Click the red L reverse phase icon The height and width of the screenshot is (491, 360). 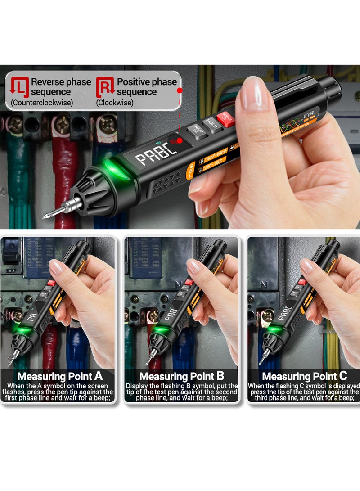tap(19, 86)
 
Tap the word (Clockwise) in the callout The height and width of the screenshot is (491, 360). tap(115, 103)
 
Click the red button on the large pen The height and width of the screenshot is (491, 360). tap(227, 119)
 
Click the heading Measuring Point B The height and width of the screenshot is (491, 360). tap(181, 376)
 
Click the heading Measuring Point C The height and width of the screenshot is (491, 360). tap(304, 376)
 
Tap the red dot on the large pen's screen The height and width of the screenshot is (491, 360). tap(180, 141)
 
